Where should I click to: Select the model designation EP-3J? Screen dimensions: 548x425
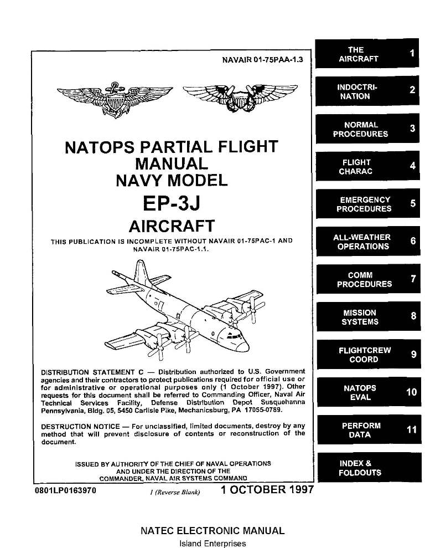click(171, 203)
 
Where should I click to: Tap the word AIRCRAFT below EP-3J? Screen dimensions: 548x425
click(171, 226)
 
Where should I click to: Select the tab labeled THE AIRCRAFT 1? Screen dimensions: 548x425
click(366, 54)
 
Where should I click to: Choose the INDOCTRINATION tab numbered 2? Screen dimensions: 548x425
click(366, 91)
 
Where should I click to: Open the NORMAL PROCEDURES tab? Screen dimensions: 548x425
click(366, 129)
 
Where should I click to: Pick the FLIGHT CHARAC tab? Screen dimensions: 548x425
click(366, 167)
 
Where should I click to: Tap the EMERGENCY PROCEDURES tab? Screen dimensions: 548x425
click(366, 204)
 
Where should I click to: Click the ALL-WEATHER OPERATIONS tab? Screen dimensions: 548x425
click(366, 242)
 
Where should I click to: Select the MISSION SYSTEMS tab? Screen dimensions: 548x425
click(366, 317)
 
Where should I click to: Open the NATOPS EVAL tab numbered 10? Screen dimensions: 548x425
click(366, 392)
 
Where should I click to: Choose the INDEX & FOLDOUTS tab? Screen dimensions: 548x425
click(366, 468)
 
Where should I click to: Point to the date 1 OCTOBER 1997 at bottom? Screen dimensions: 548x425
click(267, 490)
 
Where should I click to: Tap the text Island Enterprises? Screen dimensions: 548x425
click(213, 544)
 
